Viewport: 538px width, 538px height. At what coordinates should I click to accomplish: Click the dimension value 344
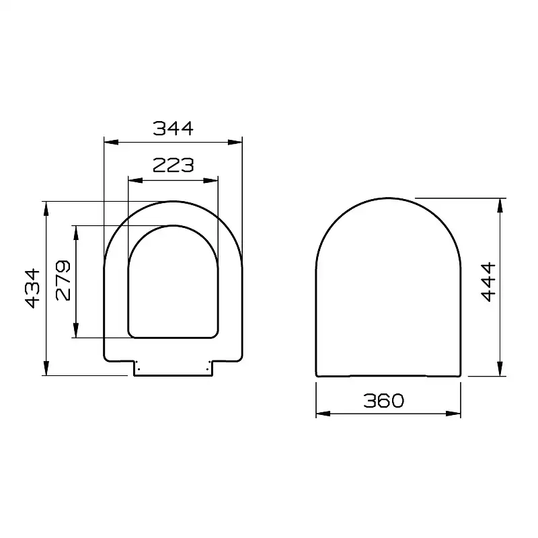pyautogui.click(x=173, y=128)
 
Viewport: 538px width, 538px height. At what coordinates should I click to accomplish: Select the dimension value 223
pyautogui.click(x=173, y=165)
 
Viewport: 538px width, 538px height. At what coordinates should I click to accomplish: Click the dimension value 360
pyautogui.click(x=384, y=401)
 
